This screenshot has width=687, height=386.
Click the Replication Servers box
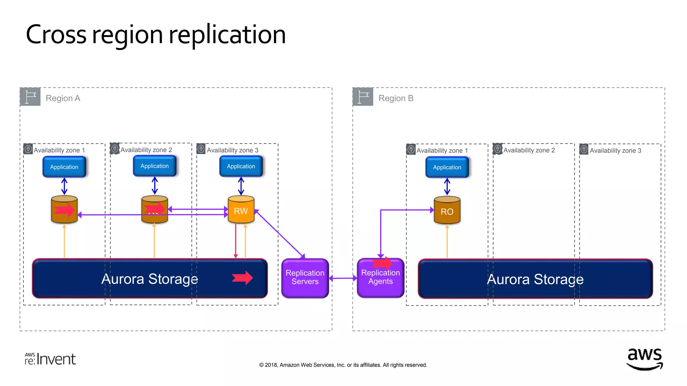click(x=305, y=278)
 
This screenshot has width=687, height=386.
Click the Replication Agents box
click(x=380, y=278)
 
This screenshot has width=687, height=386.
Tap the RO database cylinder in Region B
click(x=447, y=211)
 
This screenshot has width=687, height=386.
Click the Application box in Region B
click(x=447, y=167)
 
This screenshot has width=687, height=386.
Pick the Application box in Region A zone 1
click(x=64, y=167)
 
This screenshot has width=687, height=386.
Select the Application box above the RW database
click(x=241, y=166)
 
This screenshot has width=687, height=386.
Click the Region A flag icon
click(x=31, y=97)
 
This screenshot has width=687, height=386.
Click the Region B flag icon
click(x=363, y=97)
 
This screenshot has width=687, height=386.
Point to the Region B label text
click(x=396, y=98)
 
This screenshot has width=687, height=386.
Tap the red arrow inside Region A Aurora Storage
click(x=242, y=278)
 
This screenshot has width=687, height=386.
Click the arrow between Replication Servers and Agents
click(x=343, y=278)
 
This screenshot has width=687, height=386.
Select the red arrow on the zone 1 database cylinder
click(x=64, y=210)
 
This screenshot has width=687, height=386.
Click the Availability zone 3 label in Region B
click(x=615, y=150)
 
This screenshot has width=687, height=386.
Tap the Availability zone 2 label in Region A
click(x=146, y=150)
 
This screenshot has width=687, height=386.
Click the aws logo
click(x=644, y=359)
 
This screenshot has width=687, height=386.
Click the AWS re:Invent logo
click(x=50, y=359)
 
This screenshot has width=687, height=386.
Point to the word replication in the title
click(x=227, y=35)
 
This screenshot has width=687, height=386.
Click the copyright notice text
click(x=343, y=365)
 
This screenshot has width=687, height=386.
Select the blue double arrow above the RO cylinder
click(x=447, y=187)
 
